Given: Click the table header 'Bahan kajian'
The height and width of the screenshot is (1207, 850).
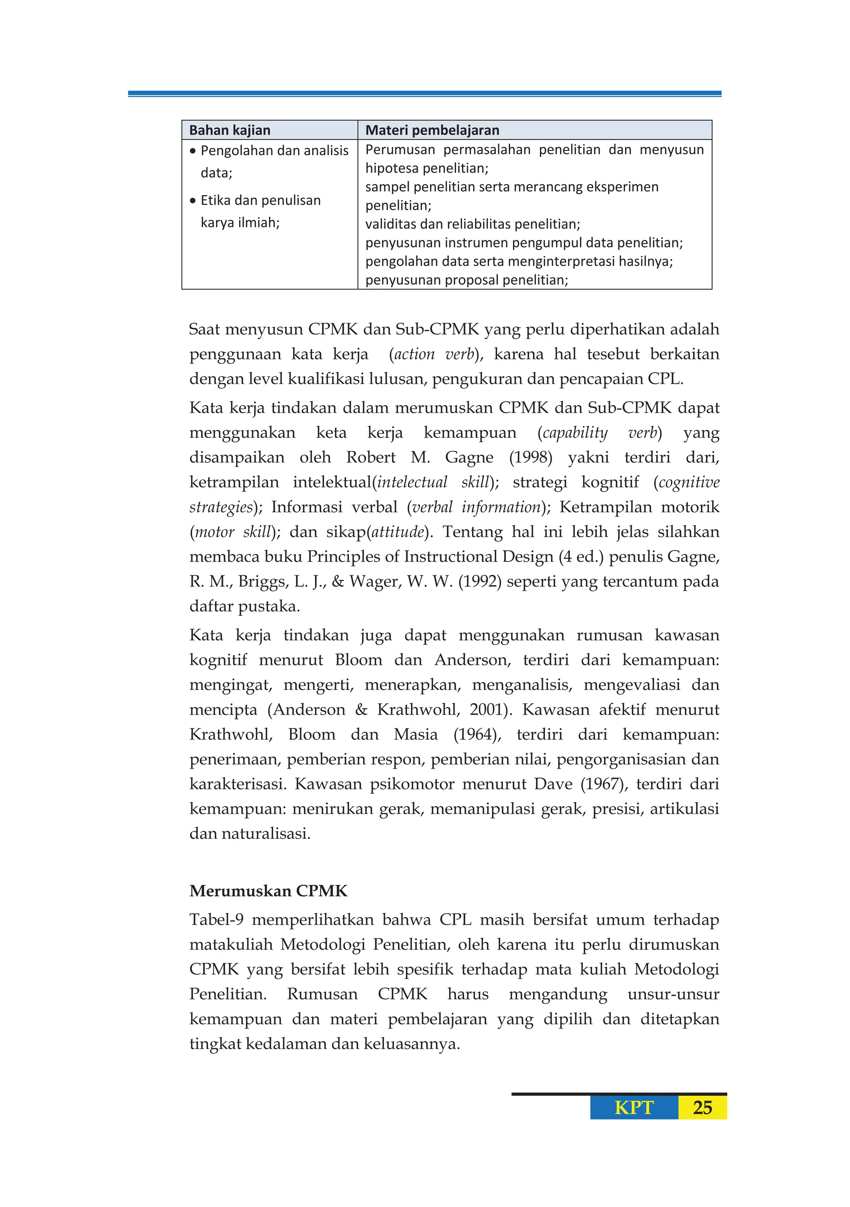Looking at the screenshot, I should (230, 130).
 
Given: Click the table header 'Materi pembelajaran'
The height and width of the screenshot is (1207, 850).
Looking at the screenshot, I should (432, 130).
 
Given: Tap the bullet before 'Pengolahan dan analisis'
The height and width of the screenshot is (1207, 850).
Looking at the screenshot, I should (193, 151).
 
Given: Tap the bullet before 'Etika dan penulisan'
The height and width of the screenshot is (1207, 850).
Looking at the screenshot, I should (193, 201).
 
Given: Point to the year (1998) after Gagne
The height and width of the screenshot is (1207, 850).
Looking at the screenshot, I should (530, 457).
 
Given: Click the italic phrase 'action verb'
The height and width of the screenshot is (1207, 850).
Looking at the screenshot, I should (434, 354).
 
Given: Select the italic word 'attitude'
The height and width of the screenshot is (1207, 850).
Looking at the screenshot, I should (398, 532).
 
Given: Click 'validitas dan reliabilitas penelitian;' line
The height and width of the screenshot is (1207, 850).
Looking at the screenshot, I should (473, 225).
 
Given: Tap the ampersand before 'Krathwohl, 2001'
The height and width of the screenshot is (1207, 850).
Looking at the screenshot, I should (361, 710).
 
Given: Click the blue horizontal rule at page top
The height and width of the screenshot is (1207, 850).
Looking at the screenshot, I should (425, 93).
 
